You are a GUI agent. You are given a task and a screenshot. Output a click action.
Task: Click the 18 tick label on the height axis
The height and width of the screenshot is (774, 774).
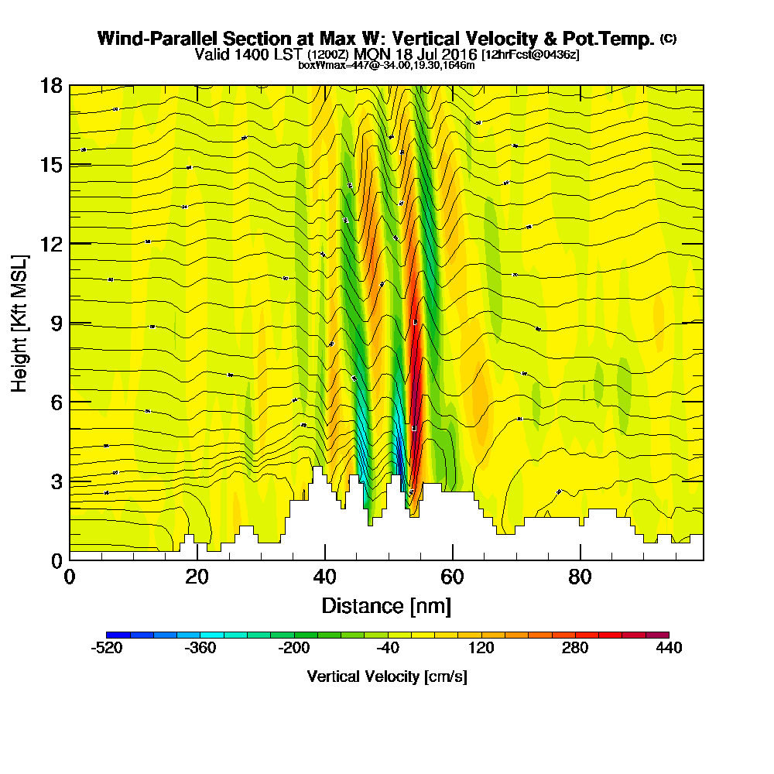point(51,85)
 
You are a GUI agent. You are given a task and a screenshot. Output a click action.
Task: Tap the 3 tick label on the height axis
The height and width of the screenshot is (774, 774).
point(57,481)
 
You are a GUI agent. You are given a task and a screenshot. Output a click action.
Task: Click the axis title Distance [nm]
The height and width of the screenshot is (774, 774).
point(386,605)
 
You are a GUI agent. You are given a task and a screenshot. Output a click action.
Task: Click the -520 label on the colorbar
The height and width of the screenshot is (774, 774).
point(107,648)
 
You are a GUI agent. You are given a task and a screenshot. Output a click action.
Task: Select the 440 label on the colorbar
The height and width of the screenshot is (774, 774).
point(669,648)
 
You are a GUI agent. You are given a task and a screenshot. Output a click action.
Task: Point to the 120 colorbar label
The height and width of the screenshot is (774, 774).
point(481,648)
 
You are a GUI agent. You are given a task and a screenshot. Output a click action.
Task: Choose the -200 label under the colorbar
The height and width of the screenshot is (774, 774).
point(294,648)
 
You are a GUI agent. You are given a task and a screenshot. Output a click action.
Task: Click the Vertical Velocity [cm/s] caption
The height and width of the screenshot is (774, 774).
point(387,676)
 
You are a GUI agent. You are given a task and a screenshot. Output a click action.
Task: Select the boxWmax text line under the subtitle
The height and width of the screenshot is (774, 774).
point(386,65)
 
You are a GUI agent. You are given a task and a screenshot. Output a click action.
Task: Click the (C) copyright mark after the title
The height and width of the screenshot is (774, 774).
point(668,38)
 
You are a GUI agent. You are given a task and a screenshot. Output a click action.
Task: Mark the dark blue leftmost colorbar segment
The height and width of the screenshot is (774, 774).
point(118,635)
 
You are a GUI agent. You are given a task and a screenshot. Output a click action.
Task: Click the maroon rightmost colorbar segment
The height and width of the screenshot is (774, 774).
point(657,635)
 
